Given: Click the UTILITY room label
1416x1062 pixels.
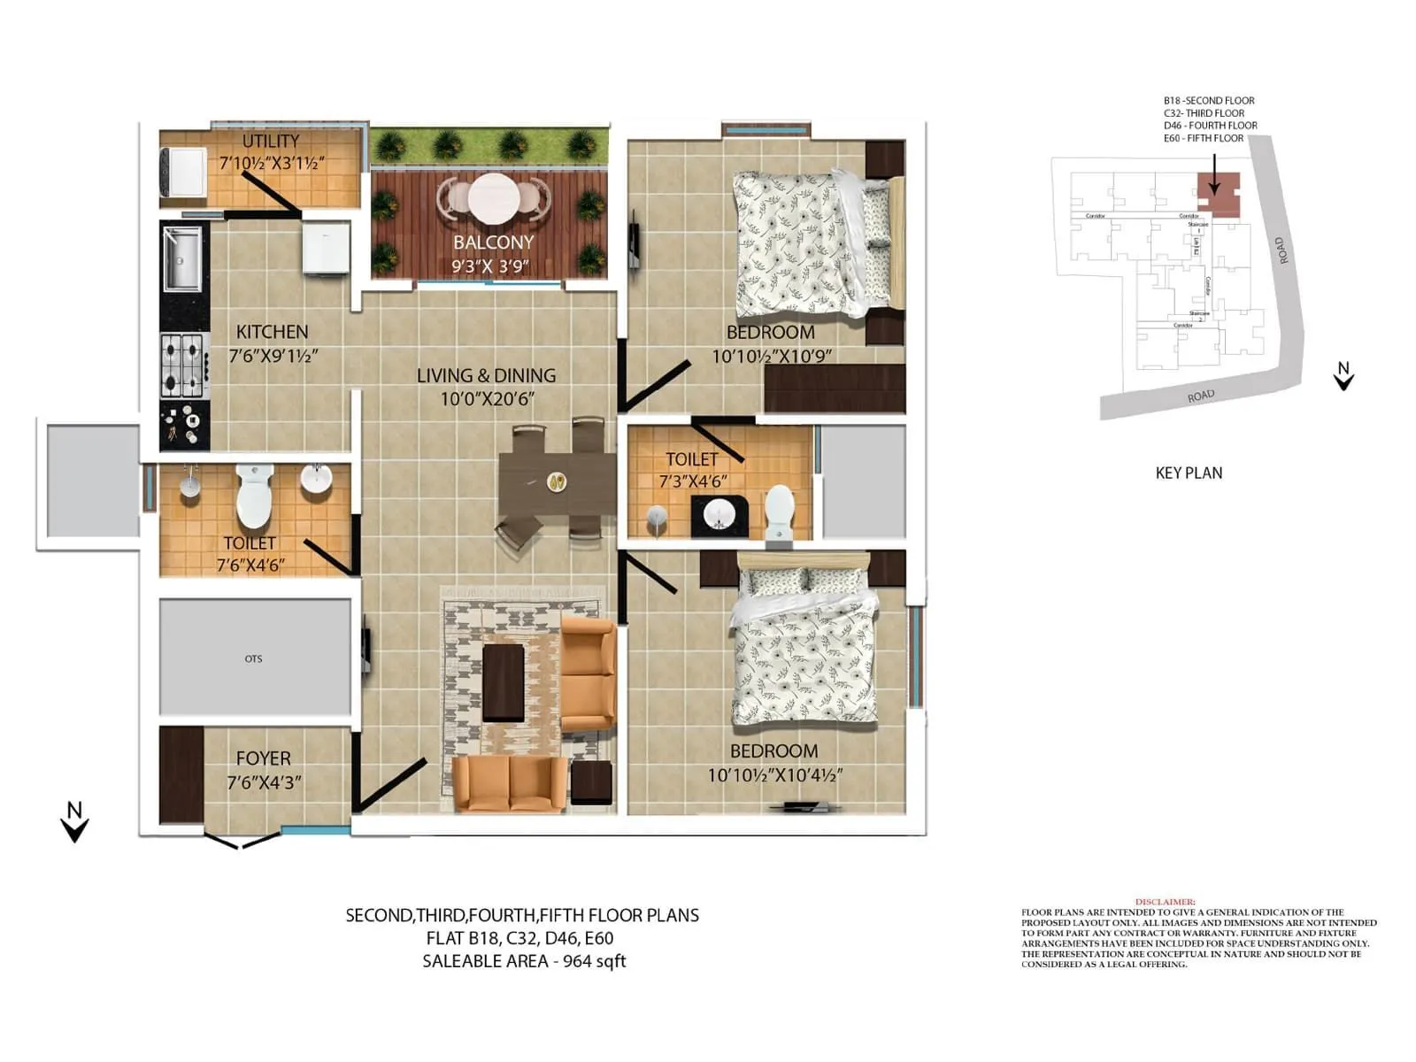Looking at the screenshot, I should (271, 142).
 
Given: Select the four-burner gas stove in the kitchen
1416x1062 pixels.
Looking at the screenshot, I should (183, 365).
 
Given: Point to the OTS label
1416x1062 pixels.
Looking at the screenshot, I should (253, 658).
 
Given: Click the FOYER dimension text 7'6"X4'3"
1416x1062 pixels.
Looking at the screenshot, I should (264, 782).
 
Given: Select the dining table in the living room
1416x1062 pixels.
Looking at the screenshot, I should (556, 482).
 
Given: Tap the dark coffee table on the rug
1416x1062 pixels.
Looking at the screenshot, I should (503, 681).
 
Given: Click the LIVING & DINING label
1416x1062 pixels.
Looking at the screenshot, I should (486, 375).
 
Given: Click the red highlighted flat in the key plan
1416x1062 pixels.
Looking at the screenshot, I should (1218, 195).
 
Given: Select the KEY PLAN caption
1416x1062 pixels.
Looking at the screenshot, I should (1189, 473).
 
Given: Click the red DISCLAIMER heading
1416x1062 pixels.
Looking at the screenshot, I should (1165, 902).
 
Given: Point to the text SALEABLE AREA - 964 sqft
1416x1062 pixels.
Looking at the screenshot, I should (524, 961).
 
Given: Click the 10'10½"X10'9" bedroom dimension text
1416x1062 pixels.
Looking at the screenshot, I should (771, 357).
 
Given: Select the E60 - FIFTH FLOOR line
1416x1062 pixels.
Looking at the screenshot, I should (1203, 138).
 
